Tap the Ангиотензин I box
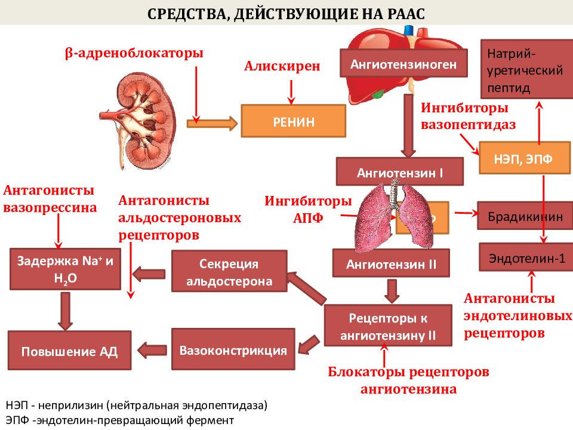(x=399, y=173)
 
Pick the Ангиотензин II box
(x=391, y=263)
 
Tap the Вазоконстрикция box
(x=233, y=350)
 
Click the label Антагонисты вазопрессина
(x=50, y=199)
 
